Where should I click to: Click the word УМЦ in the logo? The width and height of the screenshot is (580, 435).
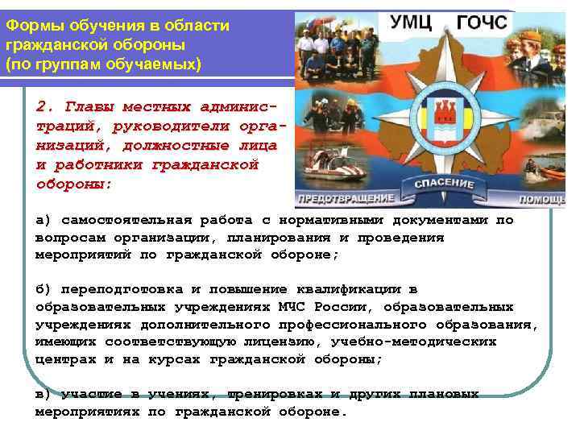pos(411,23)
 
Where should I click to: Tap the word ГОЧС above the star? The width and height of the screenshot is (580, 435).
pos(482,23)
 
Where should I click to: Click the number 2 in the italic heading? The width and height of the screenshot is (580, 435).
pos(41,106)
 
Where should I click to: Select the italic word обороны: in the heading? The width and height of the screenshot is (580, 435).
pos(74,184)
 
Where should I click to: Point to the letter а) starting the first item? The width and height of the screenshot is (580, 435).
pos(43,220)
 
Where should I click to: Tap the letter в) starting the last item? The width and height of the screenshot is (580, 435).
pos(43,395)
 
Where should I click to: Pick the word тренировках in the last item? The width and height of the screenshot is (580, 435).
pos(276,395)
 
